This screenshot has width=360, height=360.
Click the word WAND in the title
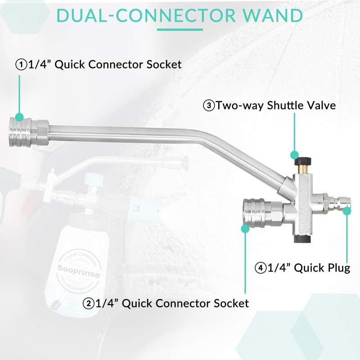click(273, 16)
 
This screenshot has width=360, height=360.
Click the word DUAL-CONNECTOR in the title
click(146, 16)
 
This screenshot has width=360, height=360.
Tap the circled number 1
click(21, 64)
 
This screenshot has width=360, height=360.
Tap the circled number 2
click(88, 303)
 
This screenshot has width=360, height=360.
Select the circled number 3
click(209, 106)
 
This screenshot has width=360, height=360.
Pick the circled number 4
click(261, 268)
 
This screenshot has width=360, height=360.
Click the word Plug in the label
click(338, 268)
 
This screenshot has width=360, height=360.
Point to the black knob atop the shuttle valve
click(303, 161)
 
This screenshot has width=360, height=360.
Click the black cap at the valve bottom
click(302, 239)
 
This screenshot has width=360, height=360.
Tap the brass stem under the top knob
click(303, 170)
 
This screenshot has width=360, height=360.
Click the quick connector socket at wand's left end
click(29, 131)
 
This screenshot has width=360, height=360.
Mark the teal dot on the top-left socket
click(19, 117)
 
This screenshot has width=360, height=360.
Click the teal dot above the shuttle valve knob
click(294, 155)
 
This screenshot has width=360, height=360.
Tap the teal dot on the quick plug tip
click(347, 211)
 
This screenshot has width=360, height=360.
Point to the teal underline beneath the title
click(180, 30)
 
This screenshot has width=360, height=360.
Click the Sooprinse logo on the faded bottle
click(79, 271)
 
